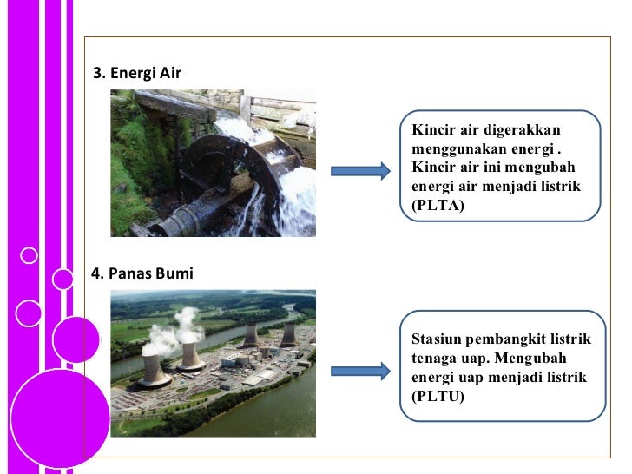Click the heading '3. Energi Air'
point(137,73)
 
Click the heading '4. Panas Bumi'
point(142,273)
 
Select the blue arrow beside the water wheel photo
point(361,171)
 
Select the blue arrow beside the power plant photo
point(361,372)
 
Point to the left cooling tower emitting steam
point(153,369)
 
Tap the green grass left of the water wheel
point(130,165)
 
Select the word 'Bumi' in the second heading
point(176,273)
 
